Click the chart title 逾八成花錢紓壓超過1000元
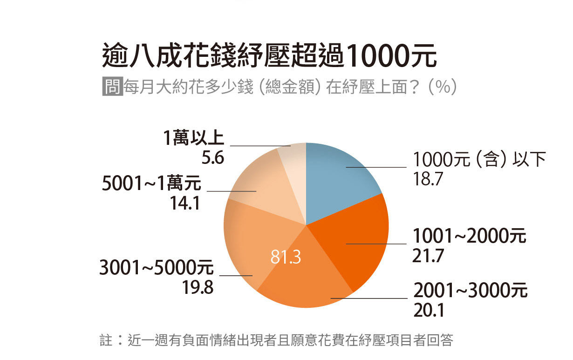click(269, 56)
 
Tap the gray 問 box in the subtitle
click(112, 87)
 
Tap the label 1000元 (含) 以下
click(479, 160)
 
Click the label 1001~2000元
click(469, 237)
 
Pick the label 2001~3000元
click(471, 291)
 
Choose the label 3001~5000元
click(157, 268)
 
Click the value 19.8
click(198, 288)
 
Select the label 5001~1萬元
click(152, 184)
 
